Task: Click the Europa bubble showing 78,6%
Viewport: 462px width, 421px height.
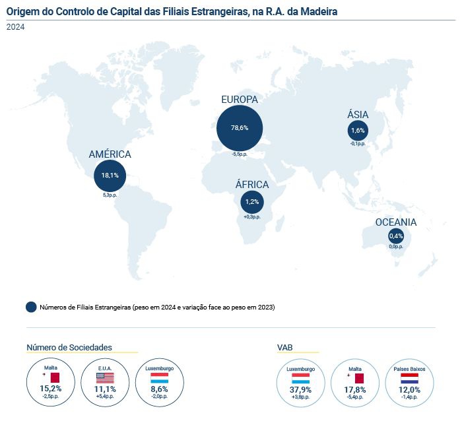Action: [240, 127]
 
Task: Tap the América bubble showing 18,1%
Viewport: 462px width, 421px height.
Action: [110, 176]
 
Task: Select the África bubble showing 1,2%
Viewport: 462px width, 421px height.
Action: [252, 201]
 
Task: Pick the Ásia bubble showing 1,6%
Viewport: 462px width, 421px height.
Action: [358, 131]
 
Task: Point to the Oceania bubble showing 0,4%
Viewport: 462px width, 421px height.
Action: [396, 236]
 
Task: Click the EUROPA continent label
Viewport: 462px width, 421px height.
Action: [239, 99]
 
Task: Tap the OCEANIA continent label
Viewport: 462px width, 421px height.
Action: [396, 222]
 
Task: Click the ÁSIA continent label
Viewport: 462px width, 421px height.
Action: [358, 115]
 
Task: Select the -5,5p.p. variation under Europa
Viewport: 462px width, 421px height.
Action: [240, 154]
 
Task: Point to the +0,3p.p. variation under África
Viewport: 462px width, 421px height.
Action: [252, 216]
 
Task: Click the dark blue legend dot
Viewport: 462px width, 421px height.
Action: [31, 307]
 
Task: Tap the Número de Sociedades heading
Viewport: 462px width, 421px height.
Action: [69, 347]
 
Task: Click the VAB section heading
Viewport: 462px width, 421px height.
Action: [285, 347]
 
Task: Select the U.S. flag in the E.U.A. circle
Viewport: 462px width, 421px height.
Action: [105, 378]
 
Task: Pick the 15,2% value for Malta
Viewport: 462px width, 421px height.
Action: [51, 389]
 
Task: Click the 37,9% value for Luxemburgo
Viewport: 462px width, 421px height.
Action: [300, 389]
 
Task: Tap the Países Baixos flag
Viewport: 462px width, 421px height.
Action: [410, 378]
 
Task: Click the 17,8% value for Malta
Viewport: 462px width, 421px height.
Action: [355, 389]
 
